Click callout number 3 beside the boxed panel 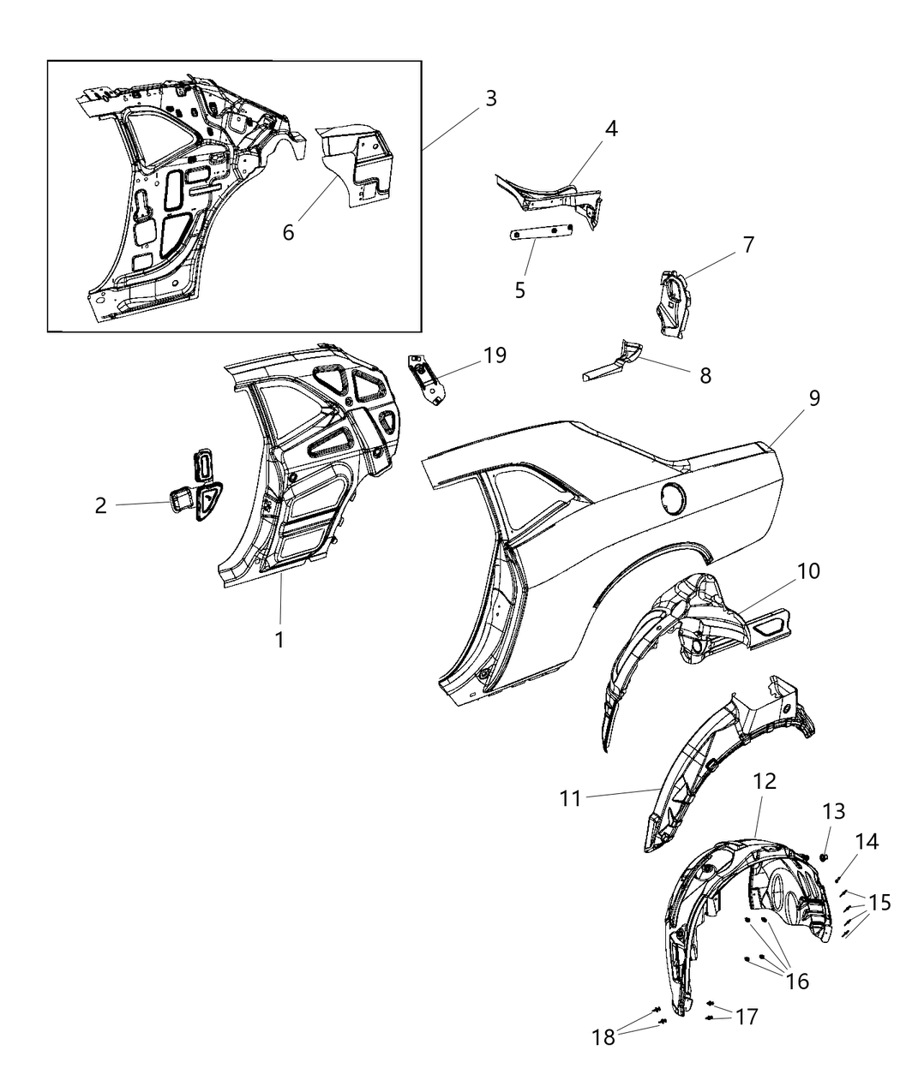point(489,98)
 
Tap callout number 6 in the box point(289,231)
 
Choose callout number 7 point(748,245)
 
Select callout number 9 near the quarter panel point(813,398)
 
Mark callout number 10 point(808,571)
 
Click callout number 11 point(571,798)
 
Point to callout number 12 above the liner point(765,781)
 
